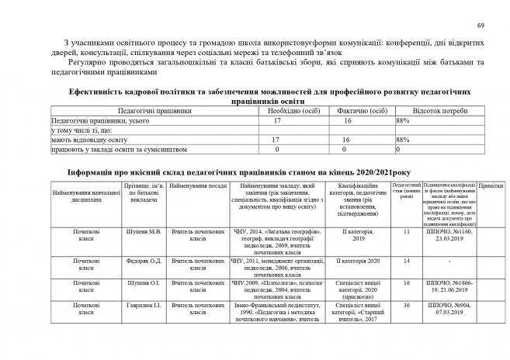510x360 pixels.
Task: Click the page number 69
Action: (x=480, y=27)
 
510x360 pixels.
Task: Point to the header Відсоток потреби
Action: (x=439, y=112)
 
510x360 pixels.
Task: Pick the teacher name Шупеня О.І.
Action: (x=143, y=284)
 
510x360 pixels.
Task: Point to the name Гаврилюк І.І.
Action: (x=143, y=308)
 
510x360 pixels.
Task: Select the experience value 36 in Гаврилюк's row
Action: (x=405, y=308)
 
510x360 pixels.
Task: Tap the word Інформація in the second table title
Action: (x=94, y=172)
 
